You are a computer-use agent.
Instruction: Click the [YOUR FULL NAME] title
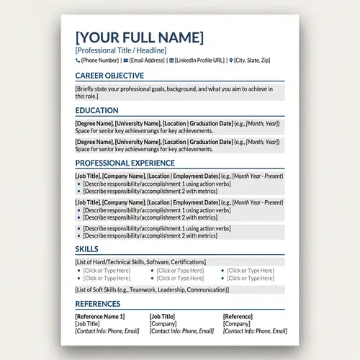pos(139,37)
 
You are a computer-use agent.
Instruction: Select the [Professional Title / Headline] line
pos(120,50)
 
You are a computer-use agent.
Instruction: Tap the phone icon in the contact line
pos(77,61)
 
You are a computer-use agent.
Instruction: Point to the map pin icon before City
pos(231,61)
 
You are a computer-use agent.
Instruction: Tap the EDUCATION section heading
pos(96,111)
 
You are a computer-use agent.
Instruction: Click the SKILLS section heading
pos(86,249)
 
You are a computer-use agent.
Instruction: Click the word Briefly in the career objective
pos(86,89)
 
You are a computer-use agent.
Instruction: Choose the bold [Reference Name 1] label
pos(100,317)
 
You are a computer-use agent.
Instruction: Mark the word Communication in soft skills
pos(204,289)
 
